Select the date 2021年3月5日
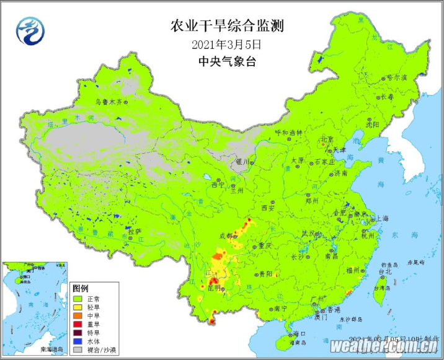[226, 44]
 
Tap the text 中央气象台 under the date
[226, 61]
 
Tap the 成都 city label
[226, 236]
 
